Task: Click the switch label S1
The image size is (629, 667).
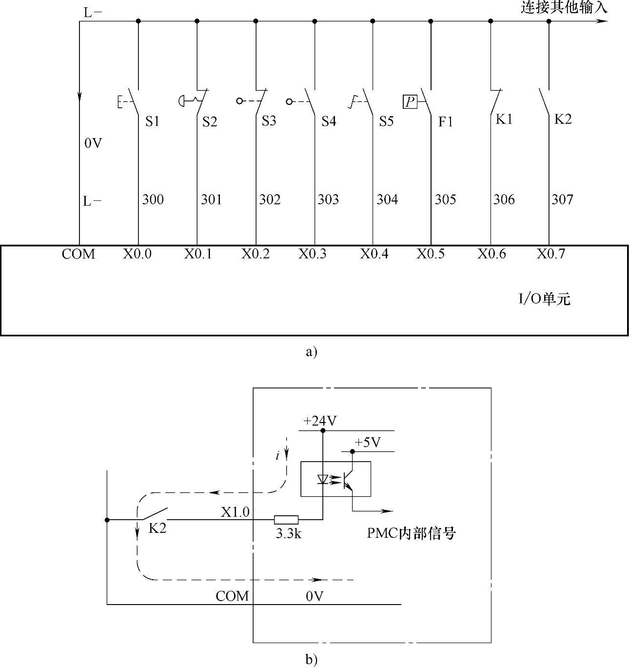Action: click(x=152, y=121)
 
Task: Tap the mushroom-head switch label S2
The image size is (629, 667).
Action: click(x=210, y=121)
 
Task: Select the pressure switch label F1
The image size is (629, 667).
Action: click(x=445, y=121)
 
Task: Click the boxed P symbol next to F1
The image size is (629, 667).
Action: click(x=410, y=101)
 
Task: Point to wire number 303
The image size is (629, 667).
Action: click(x=328, y=200)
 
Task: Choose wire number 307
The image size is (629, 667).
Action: click(x=562, y=200)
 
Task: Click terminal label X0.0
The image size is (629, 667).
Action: click(x=137, y=254)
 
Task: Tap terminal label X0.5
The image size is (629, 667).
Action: click(x=431, y=254)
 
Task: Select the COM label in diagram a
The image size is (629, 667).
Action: click(x=79, y=254)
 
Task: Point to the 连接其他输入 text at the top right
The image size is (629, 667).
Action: click(x=564, y=8)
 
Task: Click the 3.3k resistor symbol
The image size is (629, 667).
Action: click(x=286, y=520)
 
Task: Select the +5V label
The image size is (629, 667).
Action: click(x=367, y=443)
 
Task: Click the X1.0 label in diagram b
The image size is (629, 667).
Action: click(x=235, y=512)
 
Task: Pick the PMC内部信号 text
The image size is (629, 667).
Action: click(x=411, y=533)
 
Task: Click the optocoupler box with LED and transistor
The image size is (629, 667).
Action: click(x=335, y=479)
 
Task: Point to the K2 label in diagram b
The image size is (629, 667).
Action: click(x=157, y=527)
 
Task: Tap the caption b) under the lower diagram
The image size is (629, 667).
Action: click(x=311, y=660)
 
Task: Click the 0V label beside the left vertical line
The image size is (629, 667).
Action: click(x=93, y=143)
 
